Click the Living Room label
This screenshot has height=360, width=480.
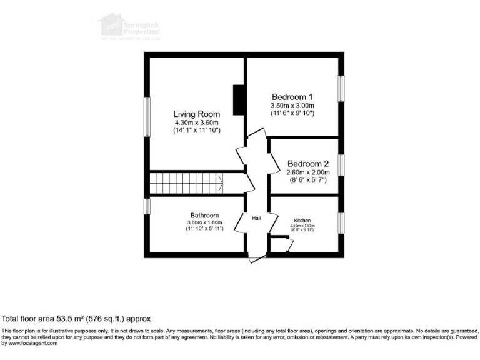[x=196, y=114]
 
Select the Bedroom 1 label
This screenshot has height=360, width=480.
[x=292, y=97]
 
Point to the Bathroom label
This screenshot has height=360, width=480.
[x=204, y=215]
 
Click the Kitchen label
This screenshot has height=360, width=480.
[x=302, y=221]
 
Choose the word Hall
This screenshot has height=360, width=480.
[x=256, y=218]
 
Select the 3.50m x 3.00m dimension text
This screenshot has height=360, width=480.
[x=292, y=106]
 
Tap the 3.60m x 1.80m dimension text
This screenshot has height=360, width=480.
[x=204, y=222]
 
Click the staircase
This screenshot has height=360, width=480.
[x=186, y=184]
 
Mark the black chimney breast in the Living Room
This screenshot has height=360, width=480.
[x=238, y=100]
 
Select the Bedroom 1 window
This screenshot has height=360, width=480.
[x=341, y=87]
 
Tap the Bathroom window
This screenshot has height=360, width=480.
[x=147, y=206]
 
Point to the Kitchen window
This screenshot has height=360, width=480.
[x=341, y=222]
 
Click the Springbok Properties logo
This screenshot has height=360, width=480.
[x=130, y=28]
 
